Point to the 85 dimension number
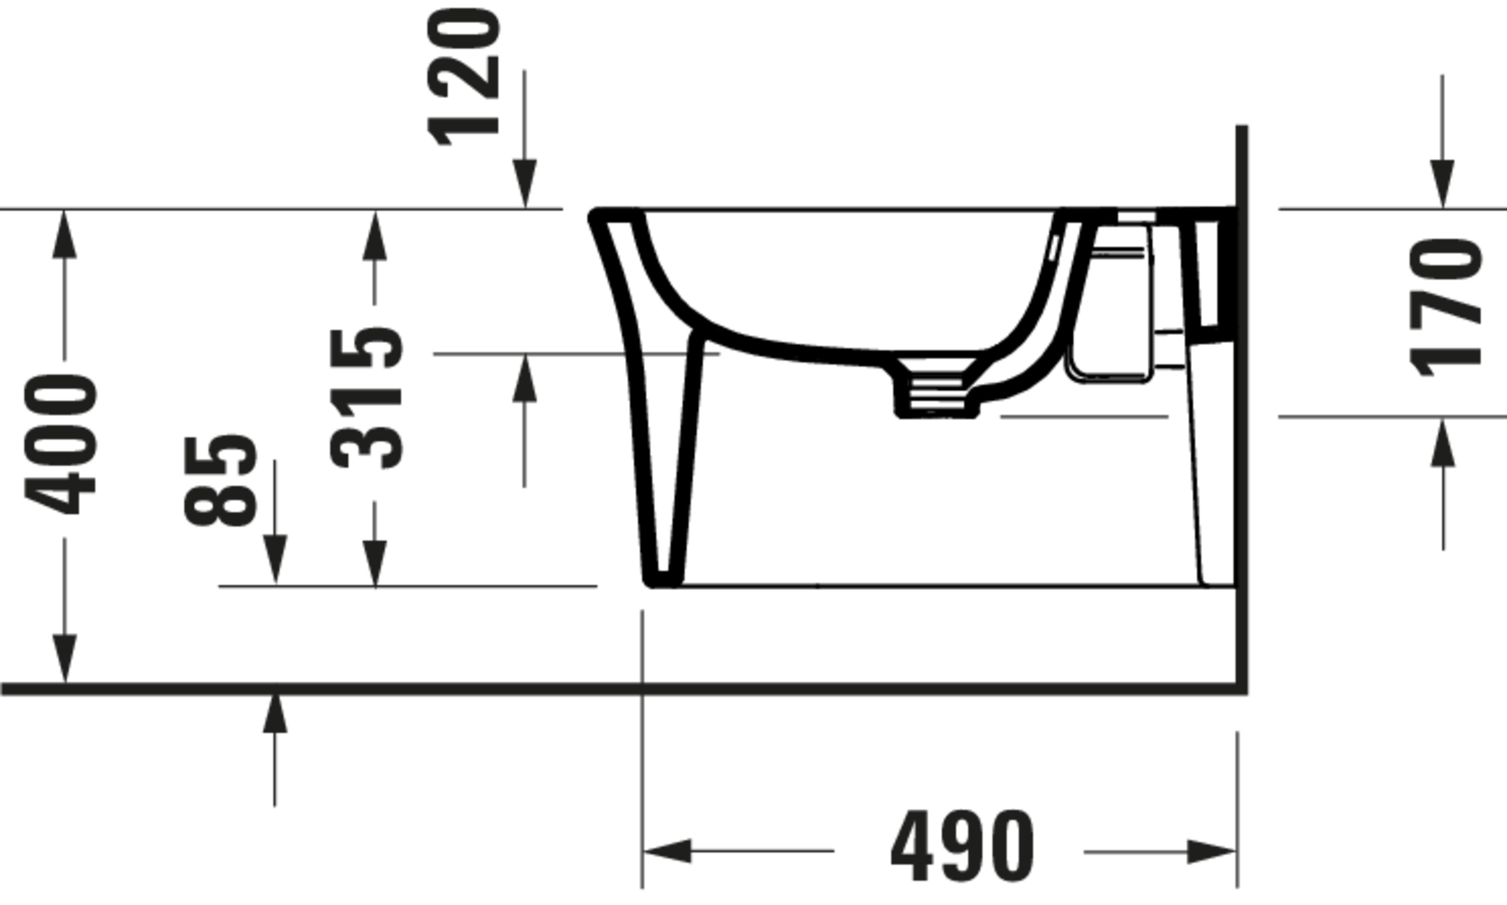click(220, 481)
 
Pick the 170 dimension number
click(1445, 307)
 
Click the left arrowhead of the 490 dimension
click(668, 851)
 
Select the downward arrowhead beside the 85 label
click(275, 558)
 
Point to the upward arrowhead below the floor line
click(274, 714)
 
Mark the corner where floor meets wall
click(1241, 689)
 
